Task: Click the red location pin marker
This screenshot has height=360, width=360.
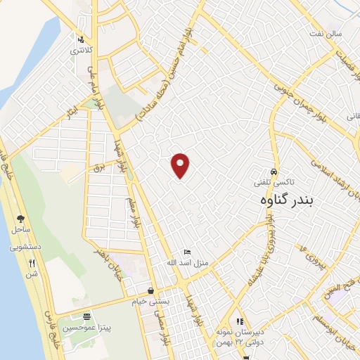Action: click(x=181, y=165)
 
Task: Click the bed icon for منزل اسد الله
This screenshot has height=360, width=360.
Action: click(x=187, y=252)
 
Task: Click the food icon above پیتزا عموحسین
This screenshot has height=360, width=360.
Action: click(x=86, y=318)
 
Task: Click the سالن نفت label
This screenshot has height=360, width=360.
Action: click(x=328, y=33)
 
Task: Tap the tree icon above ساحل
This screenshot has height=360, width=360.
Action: click(x=20, y=219)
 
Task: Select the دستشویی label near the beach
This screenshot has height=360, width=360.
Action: click(x=25, y=247)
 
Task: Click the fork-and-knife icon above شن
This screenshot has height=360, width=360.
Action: click(x=32, y=264)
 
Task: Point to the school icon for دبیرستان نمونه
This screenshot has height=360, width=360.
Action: click(x=240, y=321)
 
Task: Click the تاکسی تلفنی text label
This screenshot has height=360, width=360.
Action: click(x=275, y=181)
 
